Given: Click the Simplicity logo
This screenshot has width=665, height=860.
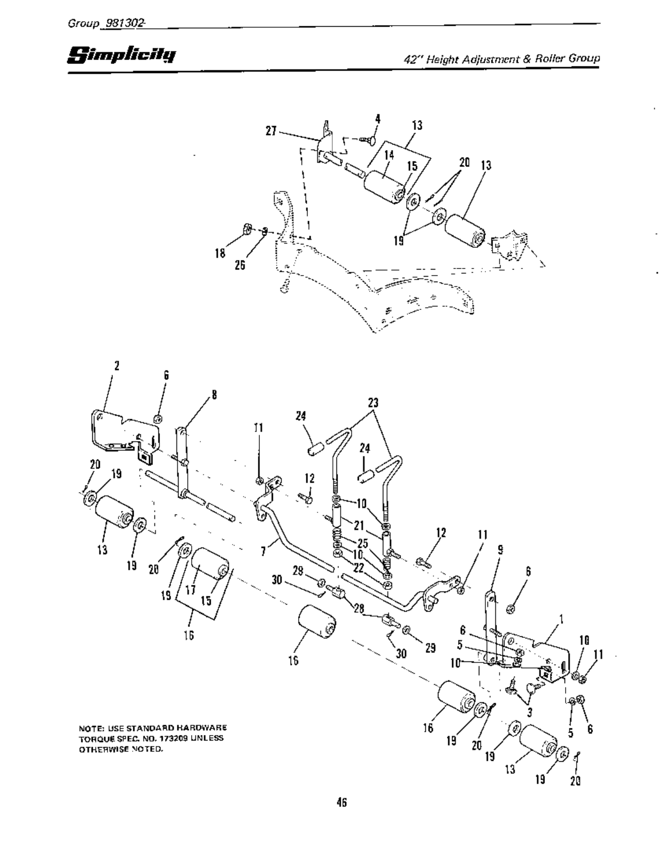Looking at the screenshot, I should point(121,55).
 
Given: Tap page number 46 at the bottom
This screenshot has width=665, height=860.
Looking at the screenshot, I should point(342,802).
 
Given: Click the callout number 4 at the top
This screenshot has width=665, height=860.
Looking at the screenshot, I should point(377,118).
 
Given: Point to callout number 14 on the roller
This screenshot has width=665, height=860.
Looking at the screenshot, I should point(388,154).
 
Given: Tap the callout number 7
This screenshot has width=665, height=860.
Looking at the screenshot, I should point(263,551).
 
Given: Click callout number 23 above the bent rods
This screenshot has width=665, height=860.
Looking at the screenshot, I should point(373,403).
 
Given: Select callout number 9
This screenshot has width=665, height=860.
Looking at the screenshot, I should point(500,551).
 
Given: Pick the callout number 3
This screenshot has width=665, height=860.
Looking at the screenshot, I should point(529,712).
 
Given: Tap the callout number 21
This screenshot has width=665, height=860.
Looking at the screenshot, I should point(359,525).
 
